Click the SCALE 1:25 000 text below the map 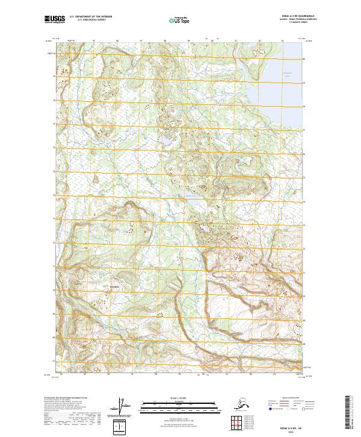tap(180, 397)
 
